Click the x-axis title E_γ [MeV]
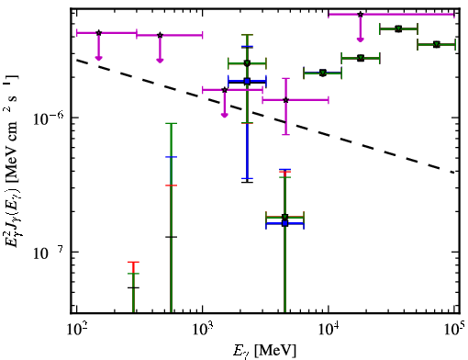pos(264,351)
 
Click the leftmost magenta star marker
pos(98,33)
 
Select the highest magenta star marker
pos(361,14)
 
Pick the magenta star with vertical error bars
pos(286,100)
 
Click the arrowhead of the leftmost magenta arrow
pos(98,58)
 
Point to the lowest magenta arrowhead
pos(225,115)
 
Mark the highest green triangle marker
pos(398,28)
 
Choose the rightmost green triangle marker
pos(437,45)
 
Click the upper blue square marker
pos(247,82)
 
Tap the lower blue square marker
pos(285,223)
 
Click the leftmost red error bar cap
pos(133,262)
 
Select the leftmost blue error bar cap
pos(171,157)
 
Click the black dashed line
pos(265,115)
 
